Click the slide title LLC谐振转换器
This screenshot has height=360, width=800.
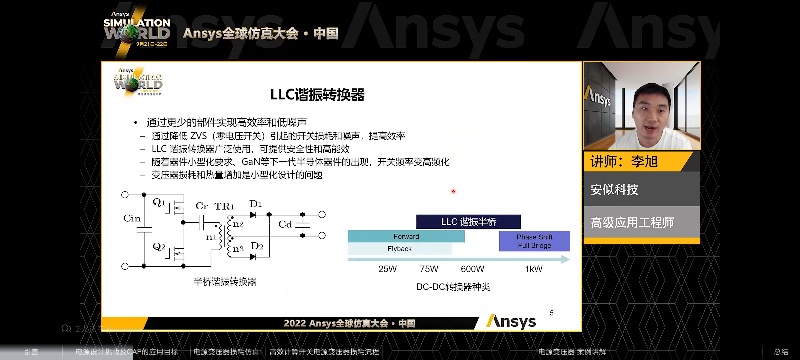(x=317, y=95)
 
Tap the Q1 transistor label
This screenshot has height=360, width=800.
(x=159, y=202)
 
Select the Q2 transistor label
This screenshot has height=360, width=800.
(x=159, y=247)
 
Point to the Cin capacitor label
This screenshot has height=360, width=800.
(x=132, y=218)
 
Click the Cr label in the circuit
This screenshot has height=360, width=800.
(x=202, y=206)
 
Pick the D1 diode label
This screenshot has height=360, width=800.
(x=255, y=204)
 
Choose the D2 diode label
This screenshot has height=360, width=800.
(x=257, y=246)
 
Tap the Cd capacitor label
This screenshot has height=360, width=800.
(x=285, y=224)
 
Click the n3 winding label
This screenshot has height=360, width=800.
(x=238, y=249)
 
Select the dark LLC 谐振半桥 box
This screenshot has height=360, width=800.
(x=468, y=222)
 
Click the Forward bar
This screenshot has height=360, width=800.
(x=406, y=236)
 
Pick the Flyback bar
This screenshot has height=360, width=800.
(x=399, y=249)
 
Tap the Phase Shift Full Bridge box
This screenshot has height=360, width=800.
(x=534, y=241)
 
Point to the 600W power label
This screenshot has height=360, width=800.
(x=472, y=269)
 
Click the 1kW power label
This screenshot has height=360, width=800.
(x=534, y=269)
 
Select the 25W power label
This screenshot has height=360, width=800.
(x=387, y=269)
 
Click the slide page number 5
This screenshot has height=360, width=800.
(x=552, y=313)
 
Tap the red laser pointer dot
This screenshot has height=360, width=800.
(x=453, y=191)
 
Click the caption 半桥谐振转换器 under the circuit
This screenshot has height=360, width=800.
(x=225, y=282)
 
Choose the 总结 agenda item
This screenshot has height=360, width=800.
(x=781, y=352)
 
